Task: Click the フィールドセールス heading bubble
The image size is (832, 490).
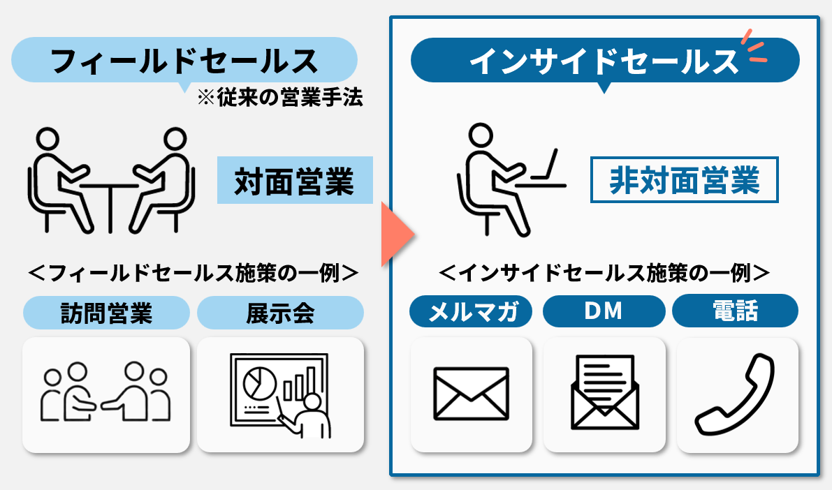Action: pyautogui.click(x=184, y=61)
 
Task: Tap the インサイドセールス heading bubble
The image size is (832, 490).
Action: pyautogui.click(x=604, y=61)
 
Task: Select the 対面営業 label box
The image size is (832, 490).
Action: pyautogui.click(x=294, y=180)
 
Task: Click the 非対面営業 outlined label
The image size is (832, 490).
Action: pyautogui.click(x=684, y=180)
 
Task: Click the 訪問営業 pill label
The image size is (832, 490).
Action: pyautogui.click(x=106, y=313)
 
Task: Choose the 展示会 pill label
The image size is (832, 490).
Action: pyautogui.click(x=280, y=313)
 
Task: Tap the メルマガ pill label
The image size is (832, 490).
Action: pyautogui.click(x=471, y=312)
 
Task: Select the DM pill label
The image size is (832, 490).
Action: pyautogui.click(x=604, y=311)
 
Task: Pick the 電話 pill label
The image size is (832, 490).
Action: pyautogui.click(x=735, y=311)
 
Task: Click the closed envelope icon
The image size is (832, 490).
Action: pyautogui.click(x=471, y=394)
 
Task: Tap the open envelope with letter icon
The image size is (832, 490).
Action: pyautogui.click(x=604, y=394)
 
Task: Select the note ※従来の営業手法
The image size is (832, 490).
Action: pyautogui.click(x=279, y=98)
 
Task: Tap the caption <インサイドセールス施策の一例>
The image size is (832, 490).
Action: pyautogui.click(x=604, y=272)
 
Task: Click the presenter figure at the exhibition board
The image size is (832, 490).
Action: pyautogui.click(x=308, y=415)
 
